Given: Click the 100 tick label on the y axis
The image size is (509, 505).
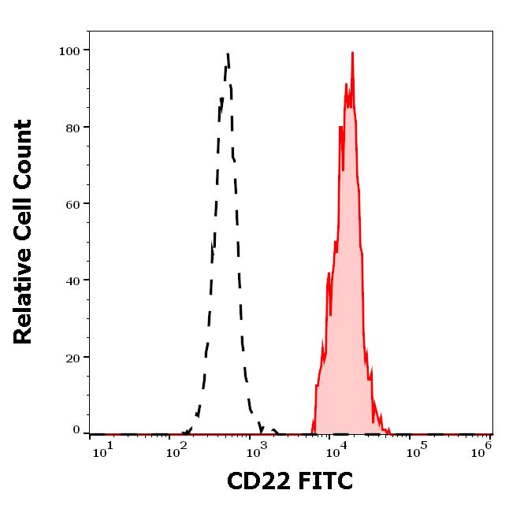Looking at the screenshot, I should [x=69, y=50].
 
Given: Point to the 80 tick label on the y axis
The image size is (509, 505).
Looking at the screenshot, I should [x=72, y=127].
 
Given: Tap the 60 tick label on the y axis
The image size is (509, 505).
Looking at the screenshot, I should [x=72, y=203].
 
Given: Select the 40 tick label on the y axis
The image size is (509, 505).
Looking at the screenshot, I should [x=72, y=280].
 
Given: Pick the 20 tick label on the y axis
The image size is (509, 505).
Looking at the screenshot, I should [x=72, y=356].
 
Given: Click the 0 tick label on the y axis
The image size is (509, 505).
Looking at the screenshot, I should [x=76, y=430].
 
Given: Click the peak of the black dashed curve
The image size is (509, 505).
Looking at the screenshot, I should [x=228, y=54].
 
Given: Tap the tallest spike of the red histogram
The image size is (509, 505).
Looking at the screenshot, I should [x=352, y=53].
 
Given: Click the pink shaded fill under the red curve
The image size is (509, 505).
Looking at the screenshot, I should [x=345, y=315].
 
